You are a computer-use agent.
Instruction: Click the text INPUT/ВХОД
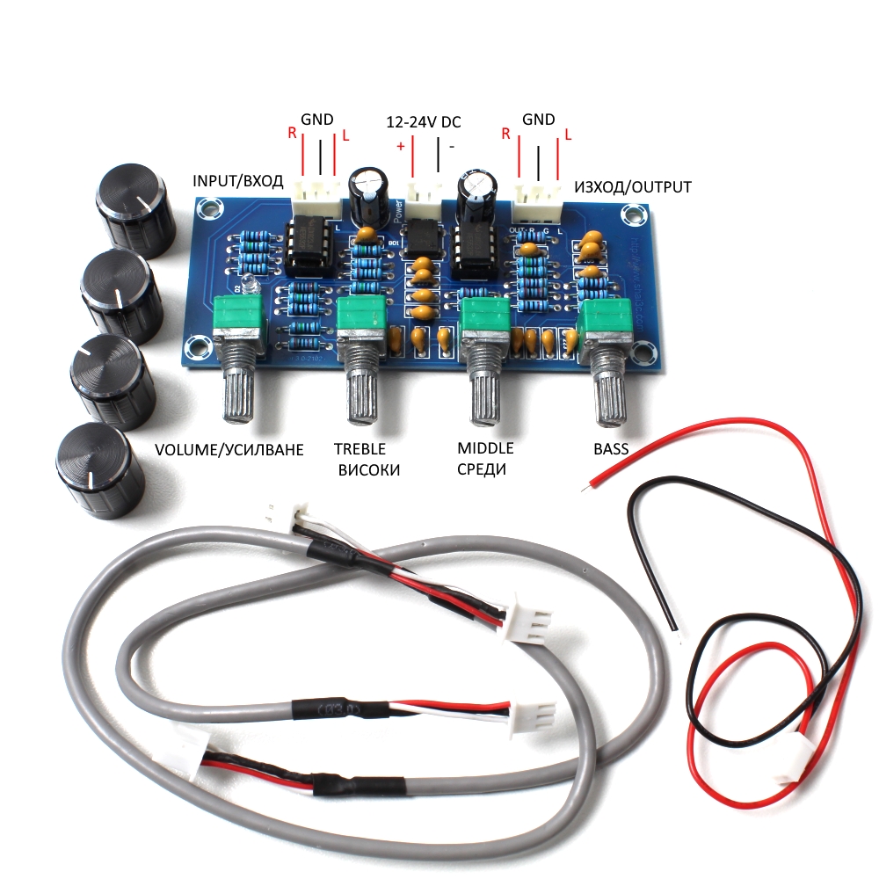237,182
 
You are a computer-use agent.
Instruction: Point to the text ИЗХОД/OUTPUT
632,187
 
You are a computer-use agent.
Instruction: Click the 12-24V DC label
424,123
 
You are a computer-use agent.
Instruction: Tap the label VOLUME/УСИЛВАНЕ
229,450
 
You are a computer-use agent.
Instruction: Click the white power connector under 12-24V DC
424,195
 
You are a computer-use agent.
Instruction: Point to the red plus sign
401,146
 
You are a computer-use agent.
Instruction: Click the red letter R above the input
292,134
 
